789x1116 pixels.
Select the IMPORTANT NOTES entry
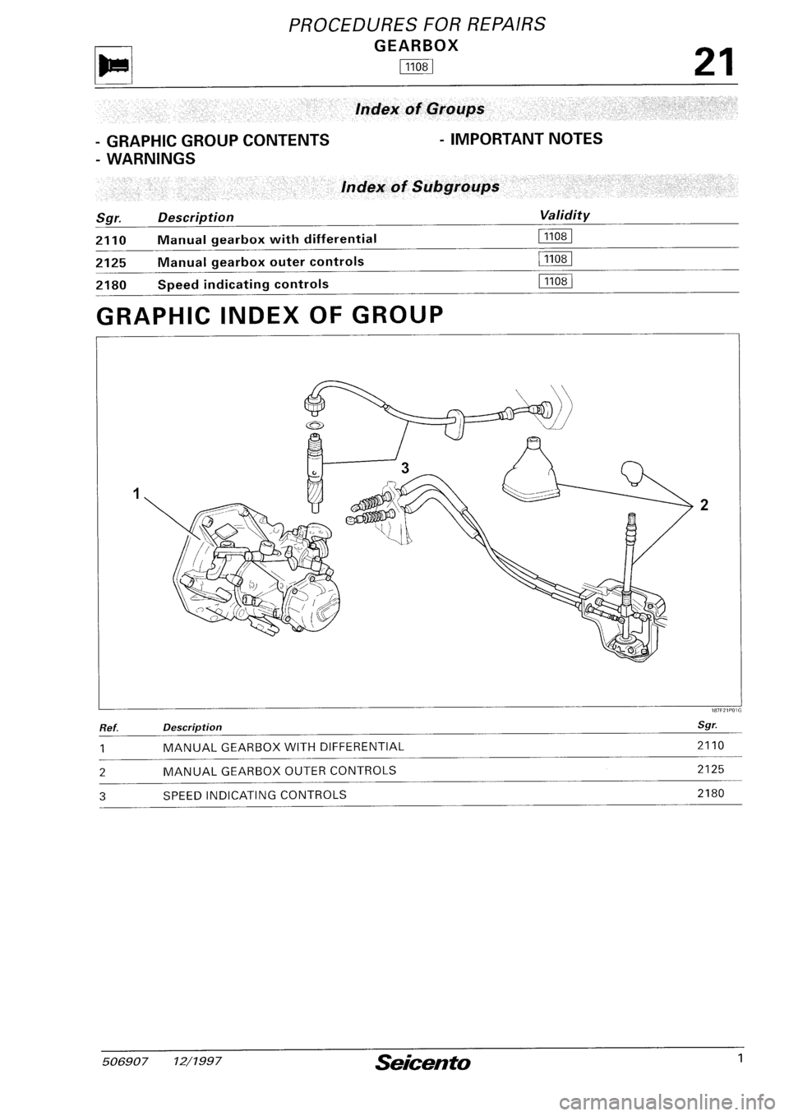(520, 139)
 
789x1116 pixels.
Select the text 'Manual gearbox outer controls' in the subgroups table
(261, 261)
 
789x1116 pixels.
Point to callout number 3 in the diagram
(404, 468)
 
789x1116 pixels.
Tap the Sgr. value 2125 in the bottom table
(709, 770)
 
